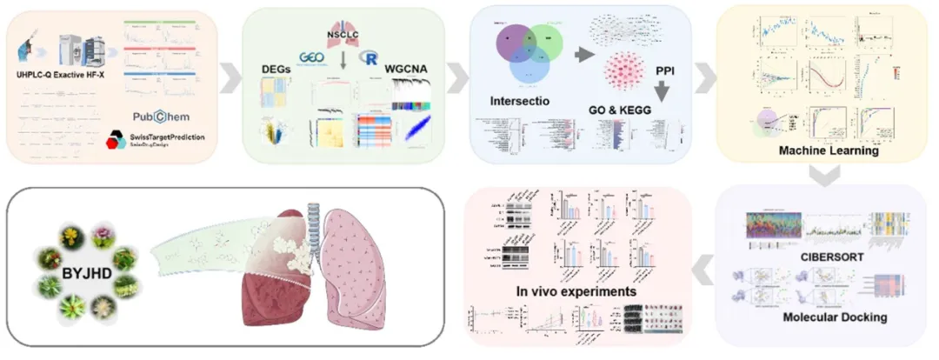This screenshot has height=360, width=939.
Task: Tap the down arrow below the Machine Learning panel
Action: tap(820, 177)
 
